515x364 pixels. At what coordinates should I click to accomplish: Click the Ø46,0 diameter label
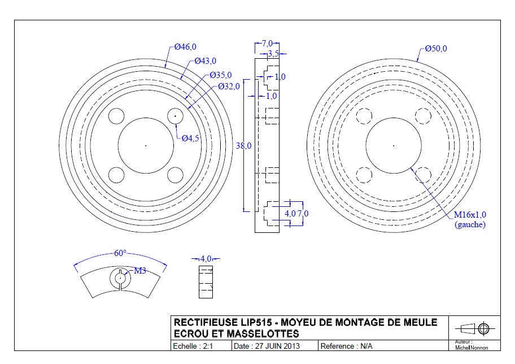[x=185, y=47]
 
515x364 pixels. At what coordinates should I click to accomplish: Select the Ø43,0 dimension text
[x=206, y=61]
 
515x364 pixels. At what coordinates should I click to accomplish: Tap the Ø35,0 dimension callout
[x=221, y=75]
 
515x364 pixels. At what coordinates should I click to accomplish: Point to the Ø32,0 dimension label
[x=229, y=86]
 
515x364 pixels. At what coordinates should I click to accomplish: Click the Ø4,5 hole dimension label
[x=190, y=139]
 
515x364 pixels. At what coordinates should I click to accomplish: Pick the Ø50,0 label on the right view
[x=436, y=49]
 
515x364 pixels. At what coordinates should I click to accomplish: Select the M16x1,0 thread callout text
[x=470, y=215]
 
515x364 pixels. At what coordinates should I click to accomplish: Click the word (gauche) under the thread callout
[x=470, y=224]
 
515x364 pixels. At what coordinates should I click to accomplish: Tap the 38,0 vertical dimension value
[x=243, y=146]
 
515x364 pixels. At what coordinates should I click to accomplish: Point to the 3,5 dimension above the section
[x=273, y=54]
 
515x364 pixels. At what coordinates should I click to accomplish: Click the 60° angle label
[x=120, y=253]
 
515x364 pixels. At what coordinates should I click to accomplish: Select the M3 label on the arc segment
[x=139, y=271]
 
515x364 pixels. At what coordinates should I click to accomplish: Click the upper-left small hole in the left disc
[x=116, y=116]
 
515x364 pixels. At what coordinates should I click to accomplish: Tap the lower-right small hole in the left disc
[x=176, y=175]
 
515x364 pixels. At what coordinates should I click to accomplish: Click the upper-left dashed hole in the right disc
[x=365, y=116]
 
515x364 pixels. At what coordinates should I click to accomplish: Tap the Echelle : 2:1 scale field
[x=193, y=346]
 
